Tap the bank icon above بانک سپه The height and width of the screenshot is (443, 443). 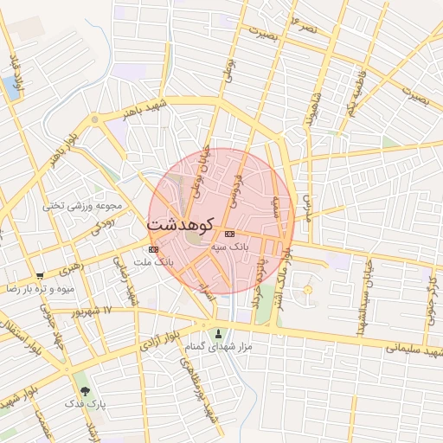click(x=229, y=234)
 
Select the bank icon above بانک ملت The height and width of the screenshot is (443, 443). click(x=142, y=249)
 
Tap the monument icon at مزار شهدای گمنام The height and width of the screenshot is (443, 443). click(x=217, y=334)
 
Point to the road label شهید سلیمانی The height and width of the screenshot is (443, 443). click(x=415, y=351)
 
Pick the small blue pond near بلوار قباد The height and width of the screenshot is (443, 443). click(x=10, y=86)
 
